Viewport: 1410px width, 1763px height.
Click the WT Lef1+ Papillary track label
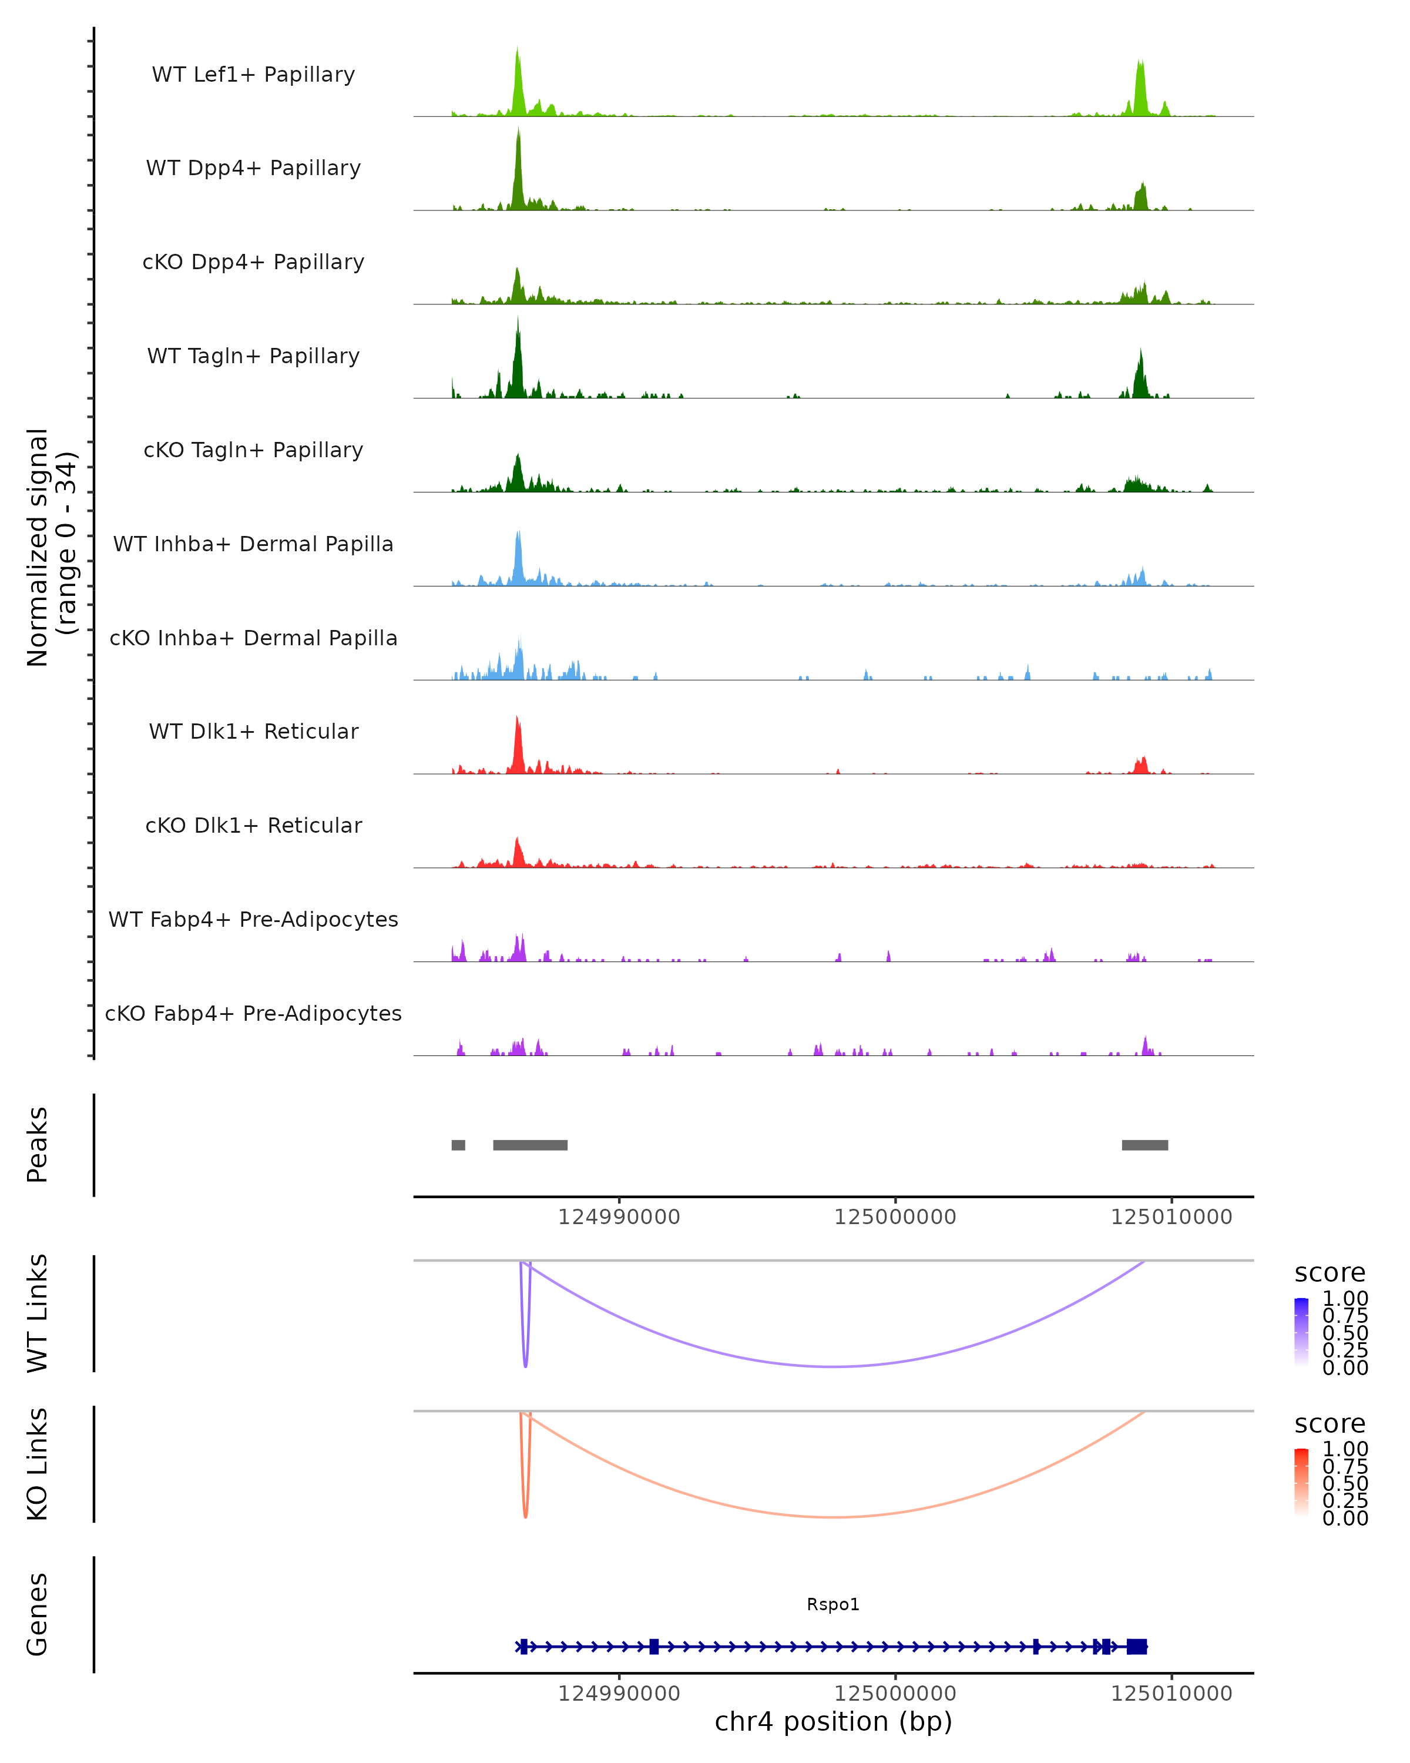(x=253, y=75)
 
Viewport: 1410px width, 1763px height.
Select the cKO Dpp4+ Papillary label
(x=253, y=262)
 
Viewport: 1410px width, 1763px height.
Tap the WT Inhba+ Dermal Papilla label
(x=253, y=544)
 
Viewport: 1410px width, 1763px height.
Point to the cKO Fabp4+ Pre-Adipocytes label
(x=253, y=1013)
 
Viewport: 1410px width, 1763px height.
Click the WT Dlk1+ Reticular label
(x=253, y=731)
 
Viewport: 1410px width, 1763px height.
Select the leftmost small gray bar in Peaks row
(x=459, y=1145)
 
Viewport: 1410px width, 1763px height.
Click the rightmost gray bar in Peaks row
(x=1144, y=1145)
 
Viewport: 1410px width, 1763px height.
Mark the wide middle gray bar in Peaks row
(x=530, y=1145)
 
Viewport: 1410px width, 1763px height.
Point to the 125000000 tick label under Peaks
(x=895, y=1217)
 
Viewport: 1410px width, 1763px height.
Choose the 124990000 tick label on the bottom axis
(x=619, y=1692)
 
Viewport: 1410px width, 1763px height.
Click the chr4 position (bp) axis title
(x=833, y=1722)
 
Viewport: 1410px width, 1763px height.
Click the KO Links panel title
(x=38, y=1464)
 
